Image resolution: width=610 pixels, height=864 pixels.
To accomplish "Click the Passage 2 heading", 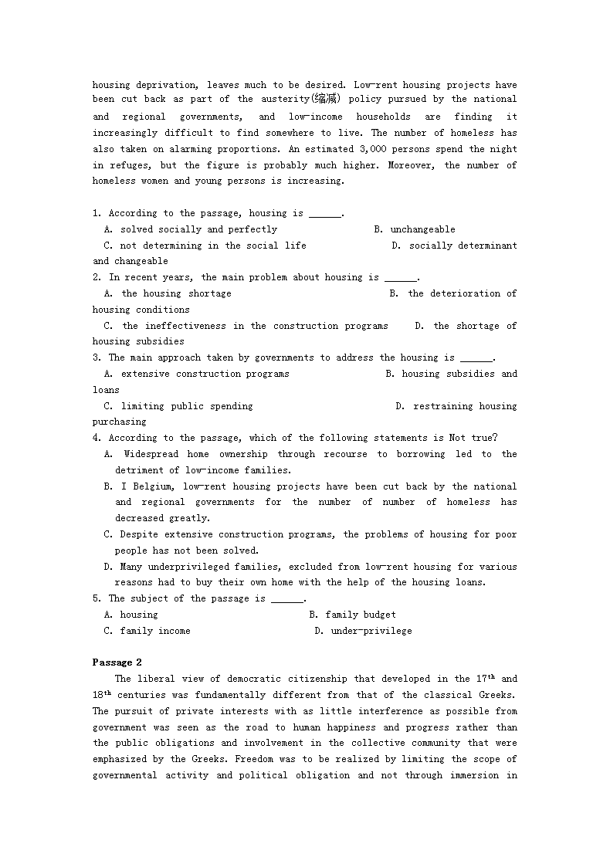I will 117,662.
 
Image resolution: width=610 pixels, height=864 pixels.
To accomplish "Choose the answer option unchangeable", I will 422,229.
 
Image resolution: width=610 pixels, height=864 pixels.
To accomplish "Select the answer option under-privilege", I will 371,631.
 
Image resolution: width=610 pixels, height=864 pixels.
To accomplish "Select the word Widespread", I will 151,454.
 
